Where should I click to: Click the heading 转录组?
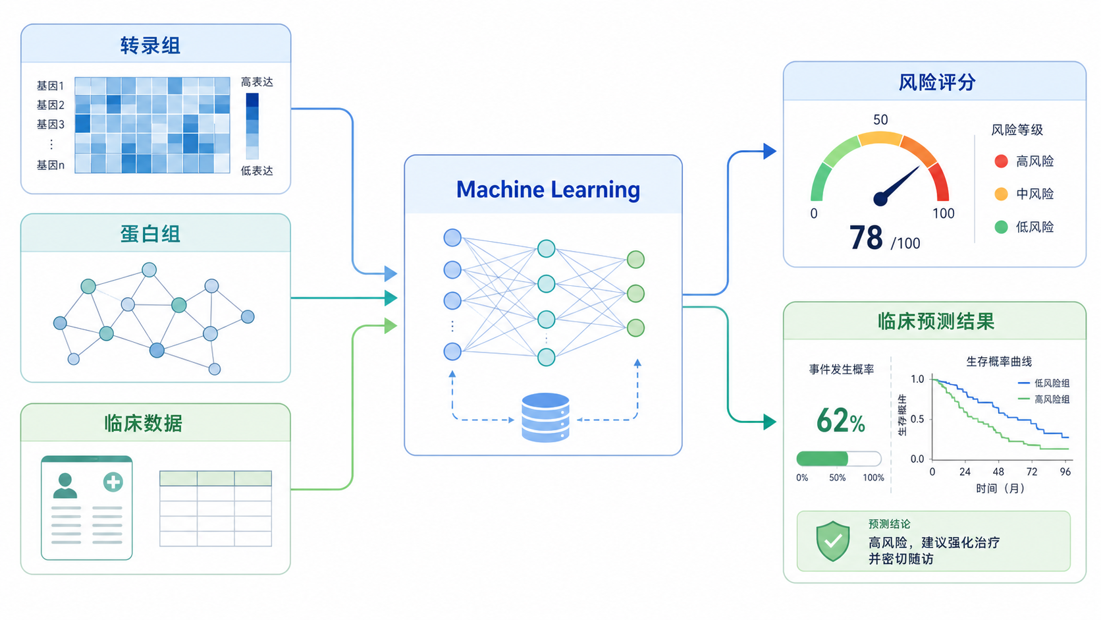coord(150,45)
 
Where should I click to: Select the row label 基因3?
coord(50,125)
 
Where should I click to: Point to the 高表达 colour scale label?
coord(257,82)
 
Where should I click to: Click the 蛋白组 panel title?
coord(150,233)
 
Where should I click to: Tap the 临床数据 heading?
coord(144,423)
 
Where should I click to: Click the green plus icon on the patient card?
coord(113,482)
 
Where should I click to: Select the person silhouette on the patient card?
coord(65,486)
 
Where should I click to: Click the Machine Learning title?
coord(548,190)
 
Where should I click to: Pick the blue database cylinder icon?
coord(545,418)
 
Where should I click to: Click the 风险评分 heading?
coord(937,82)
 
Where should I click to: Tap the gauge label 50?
coord(880,119)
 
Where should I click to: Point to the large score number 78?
coord(865,238)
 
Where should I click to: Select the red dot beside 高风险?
coord(1001,161)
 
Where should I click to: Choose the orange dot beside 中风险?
coord(1001,194)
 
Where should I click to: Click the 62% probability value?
coord(840,421)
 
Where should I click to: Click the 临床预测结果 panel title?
coord(936,322)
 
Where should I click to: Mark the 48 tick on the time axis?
coord(998,472)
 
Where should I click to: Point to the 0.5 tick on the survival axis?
coord(917,419)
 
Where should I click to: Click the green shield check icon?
coord(832,542)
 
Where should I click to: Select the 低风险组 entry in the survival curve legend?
coord(1044,383)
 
